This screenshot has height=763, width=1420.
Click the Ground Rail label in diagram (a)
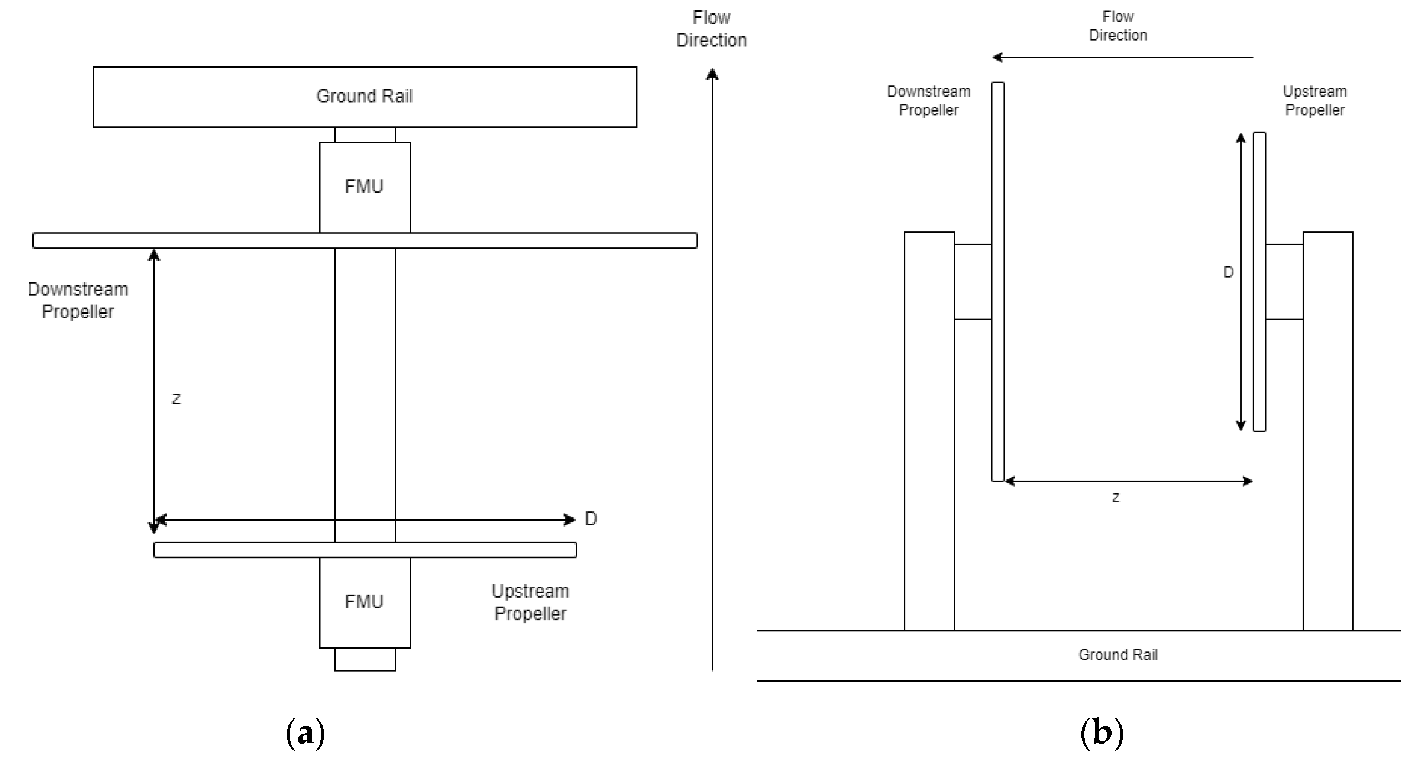[x=364, y=96]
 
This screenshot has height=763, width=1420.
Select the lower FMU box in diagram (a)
[x=364, y=601]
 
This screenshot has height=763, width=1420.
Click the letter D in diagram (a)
[x=590, y=519]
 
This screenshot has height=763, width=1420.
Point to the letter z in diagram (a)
[x=176, y=398]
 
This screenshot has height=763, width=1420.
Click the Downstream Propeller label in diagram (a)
[x=78, y=301]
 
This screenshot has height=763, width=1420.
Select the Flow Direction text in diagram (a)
[x=711, y=29]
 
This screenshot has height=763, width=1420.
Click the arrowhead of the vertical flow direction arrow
[x=712, y=74]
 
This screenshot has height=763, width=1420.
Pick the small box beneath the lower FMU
[x=365, y=660]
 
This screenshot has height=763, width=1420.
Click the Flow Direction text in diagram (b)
[x=1118, y=26]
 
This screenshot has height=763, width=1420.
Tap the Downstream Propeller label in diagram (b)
[x=929, y=100]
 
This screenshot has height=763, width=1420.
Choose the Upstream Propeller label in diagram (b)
[x=1315, y=100]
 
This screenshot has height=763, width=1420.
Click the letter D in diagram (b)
[x=1228, y=272]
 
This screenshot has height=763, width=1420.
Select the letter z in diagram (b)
[x=1116, y=497]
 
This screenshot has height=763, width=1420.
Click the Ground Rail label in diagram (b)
[x=1118, y=655]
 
